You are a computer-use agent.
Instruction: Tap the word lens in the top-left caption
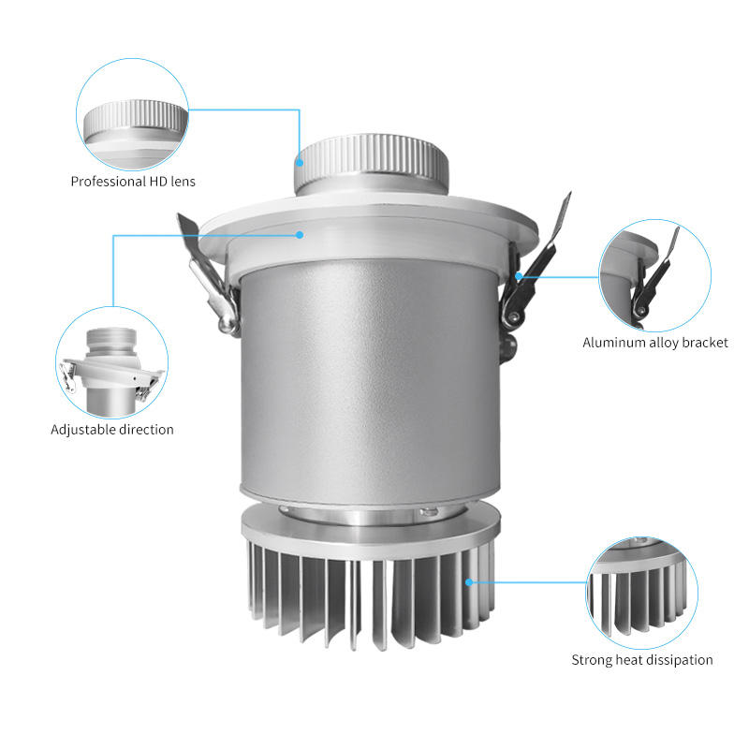tap(183, 182)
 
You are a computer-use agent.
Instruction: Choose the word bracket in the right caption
tap(705, 343)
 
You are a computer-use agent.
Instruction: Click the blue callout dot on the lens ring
tap(300, 162)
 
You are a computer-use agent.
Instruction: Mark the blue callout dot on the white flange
tap(300, 235)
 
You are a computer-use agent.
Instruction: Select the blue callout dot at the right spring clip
tap(519, 276)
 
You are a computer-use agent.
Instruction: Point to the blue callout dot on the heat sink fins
tap(469, 581)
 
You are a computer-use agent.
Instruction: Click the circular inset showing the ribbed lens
tap(132, 114)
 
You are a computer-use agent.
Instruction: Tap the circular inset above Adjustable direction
tap(111, 362)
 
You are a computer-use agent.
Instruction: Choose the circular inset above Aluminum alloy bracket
tap(654, 275)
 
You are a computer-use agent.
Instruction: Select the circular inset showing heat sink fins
tap(642, 593)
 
